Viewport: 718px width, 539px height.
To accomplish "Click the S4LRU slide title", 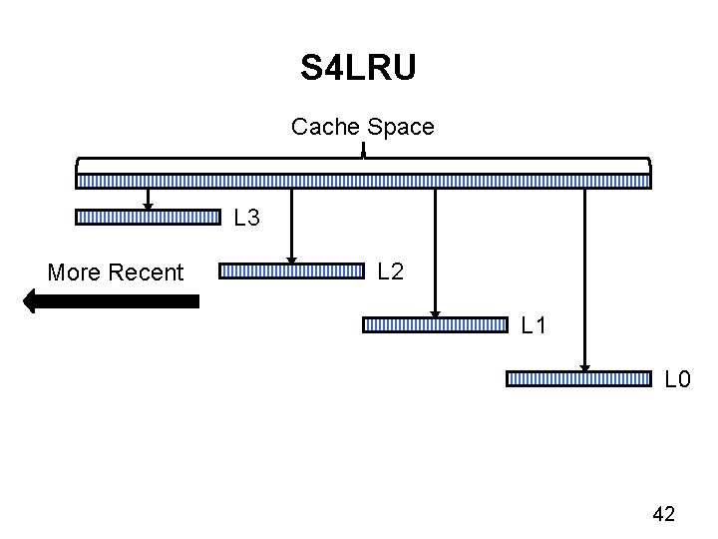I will (x=358, y=69).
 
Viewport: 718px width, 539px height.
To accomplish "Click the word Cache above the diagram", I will (x=326, y=127).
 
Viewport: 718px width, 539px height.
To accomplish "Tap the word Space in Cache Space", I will (x=401, y=127).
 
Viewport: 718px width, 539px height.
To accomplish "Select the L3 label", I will (x=246, y=217).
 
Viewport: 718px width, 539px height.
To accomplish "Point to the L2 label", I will (x=391, y=270).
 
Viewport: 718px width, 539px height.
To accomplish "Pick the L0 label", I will (x=678, y=379).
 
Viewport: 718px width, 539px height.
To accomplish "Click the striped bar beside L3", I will (x=148, y=217).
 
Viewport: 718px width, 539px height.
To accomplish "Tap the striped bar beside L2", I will (x=292, y=270).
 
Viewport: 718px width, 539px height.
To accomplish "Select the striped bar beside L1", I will (x=436, y=324).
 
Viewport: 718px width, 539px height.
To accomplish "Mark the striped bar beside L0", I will (x=579, y=378).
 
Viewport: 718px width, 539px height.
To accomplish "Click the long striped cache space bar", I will (x=364, y=182).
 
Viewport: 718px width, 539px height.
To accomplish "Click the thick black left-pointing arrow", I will (x=111, y=300).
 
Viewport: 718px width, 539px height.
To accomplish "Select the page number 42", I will (x=663, y=514).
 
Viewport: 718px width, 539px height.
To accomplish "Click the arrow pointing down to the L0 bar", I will (x=585, y=279).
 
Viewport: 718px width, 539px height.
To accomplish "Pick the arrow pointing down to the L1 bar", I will (x=436, y=250).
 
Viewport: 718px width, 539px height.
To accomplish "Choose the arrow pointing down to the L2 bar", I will (x=291, y=225).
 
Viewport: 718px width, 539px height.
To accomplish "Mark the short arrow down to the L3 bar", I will (x=148, y=198).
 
